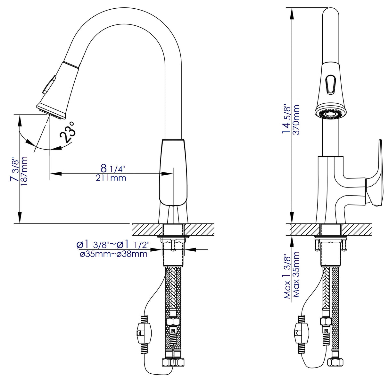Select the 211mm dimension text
click(111, 178)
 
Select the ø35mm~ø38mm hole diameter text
click(114, 254)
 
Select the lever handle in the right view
click(375, 173)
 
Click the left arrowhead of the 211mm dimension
click(55, 174)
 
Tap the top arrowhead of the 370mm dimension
click(292, 13)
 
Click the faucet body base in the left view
click(173, 173)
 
